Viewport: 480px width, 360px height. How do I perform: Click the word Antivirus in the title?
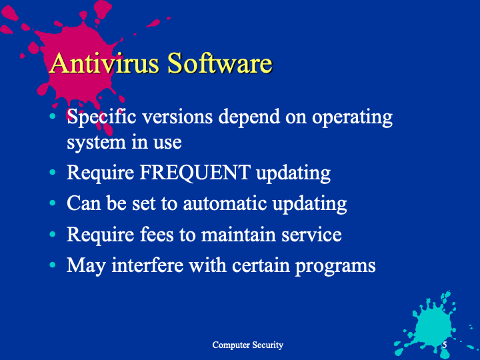(104, 63)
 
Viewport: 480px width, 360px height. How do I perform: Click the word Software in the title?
(220, 63)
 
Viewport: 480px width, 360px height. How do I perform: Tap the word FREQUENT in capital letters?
(195, 173)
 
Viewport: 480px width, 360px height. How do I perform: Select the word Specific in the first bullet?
(101, 118)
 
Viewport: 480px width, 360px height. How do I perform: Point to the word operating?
(352, 118)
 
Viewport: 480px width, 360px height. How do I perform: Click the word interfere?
(147, 265)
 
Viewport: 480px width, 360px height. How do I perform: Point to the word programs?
(335, 266)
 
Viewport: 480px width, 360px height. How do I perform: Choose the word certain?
(261, 265)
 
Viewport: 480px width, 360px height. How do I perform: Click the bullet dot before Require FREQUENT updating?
(53, 173)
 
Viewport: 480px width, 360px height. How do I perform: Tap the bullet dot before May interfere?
(53, 265)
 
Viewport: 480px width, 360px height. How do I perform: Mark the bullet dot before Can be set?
(53, 203)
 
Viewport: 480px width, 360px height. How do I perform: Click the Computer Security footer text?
(247, 345)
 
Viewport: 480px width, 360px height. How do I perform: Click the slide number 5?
(445, 345)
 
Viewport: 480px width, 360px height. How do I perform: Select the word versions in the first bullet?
(177, 117)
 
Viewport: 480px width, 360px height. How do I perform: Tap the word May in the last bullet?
(86, 266)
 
